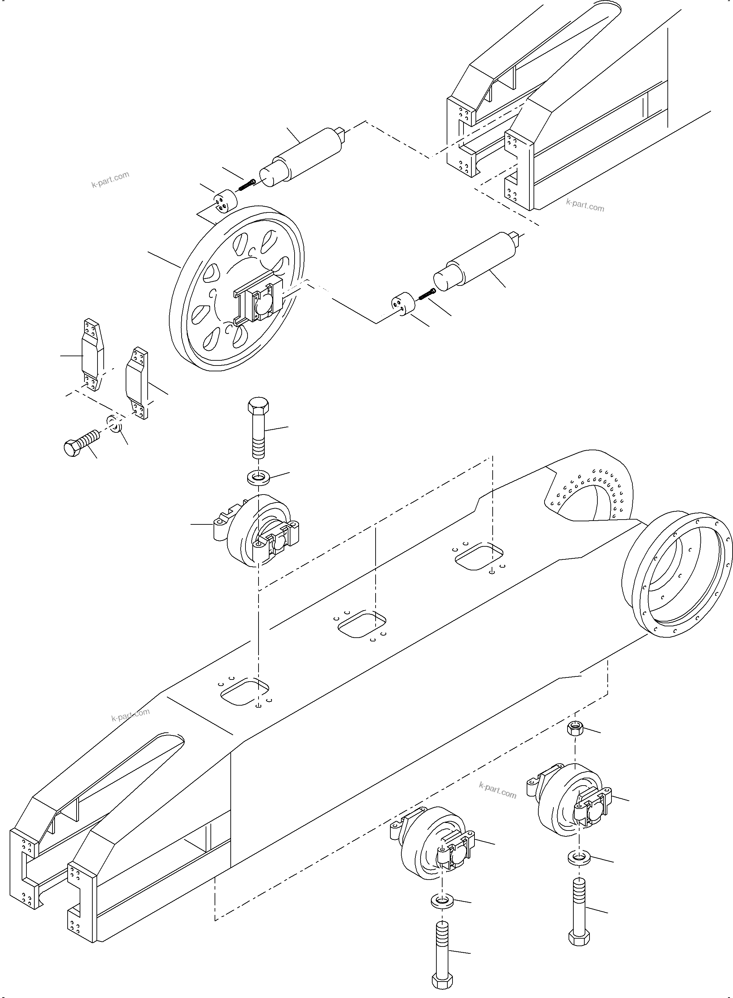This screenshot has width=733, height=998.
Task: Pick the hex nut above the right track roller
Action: (x=575, y=728)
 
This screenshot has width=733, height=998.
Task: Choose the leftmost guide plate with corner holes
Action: (x=92, y=355)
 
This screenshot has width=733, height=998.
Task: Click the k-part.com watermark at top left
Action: (x=111, y=179)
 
